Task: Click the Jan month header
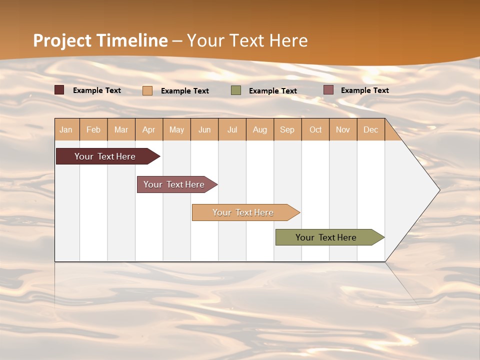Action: [66, 129]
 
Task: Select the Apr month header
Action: [149, 129]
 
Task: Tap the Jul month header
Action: [232, 129]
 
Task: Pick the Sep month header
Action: [287, 129]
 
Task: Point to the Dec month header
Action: [370, 129]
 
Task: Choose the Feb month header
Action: [93, 129]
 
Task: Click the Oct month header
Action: [315, 129]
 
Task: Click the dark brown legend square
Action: [59, 90]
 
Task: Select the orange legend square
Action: [147, 90]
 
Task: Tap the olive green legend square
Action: [236, 90]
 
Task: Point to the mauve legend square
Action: [328, 90]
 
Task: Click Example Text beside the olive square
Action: [273, 91]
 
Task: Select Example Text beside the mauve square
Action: [365, 90]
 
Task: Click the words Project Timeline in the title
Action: [100, 40]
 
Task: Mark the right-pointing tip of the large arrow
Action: [439, 190]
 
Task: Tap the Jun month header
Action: [204, 129]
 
